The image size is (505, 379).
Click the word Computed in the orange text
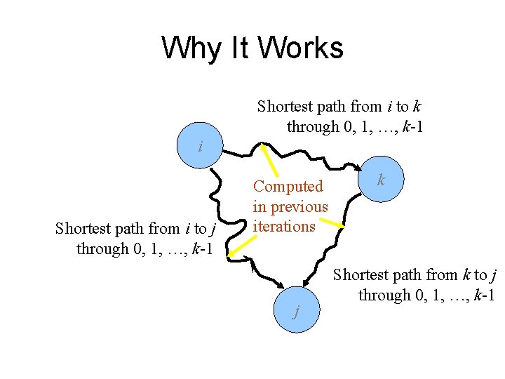(288, 187)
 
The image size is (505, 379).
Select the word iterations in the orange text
(284, 227)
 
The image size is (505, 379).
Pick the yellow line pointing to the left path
(239, 242)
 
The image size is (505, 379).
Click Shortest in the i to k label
(284, 107)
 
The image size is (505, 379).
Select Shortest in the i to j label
(83, 229)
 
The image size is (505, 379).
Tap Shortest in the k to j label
(360, 275)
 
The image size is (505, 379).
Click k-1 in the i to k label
(411, 127)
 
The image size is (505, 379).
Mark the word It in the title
(237, 48)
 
